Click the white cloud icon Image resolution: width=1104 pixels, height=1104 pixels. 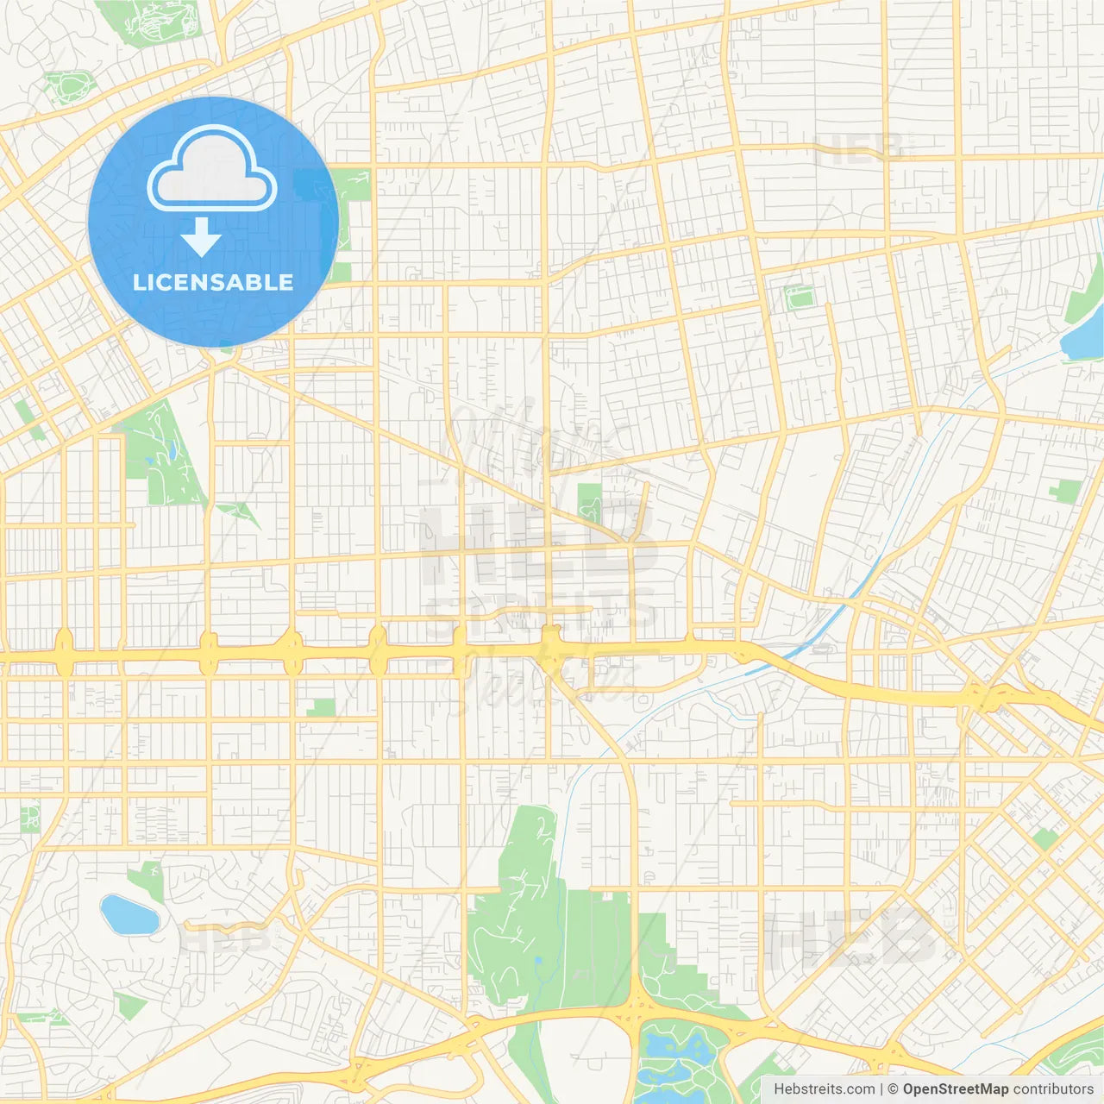[212, 170]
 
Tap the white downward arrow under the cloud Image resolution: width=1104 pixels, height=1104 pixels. [201, 237]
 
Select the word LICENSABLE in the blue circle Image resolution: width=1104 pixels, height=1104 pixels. [213, 282]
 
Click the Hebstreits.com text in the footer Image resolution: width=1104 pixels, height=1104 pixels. [825, 1089]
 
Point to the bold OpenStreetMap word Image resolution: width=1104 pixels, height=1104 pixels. [955, 1089]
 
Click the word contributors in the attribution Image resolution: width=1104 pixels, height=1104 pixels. [1053, 1089]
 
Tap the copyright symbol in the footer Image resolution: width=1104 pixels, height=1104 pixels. [894, 1089]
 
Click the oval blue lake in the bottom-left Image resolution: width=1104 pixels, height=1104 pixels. [129, 914]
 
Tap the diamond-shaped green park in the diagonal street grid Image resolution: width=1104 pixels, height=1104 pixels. [1045, 838]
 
